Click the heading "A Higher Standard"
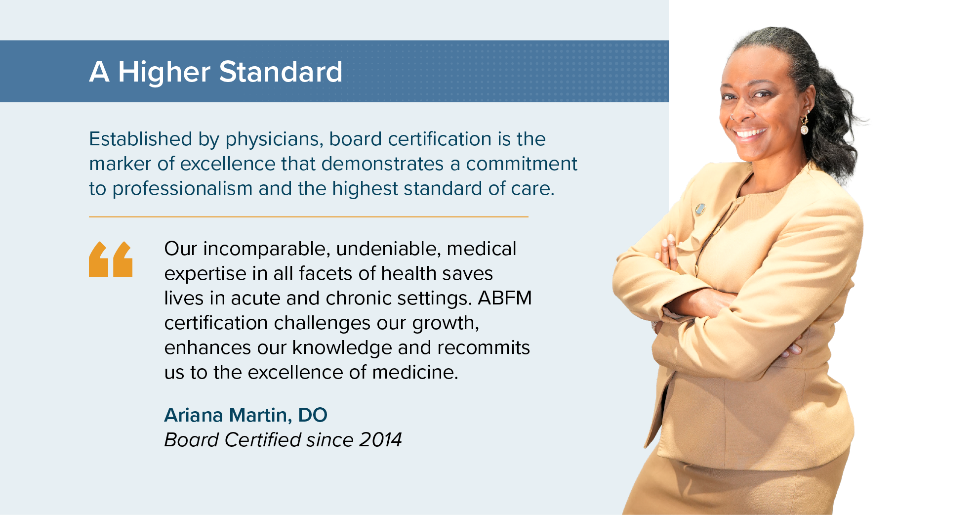[x=216, y=72]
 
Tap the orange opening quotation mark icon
[x=111, y=259]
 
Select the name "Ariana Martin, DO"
[x=245, y=416]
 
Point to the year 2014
[x=380, y=440]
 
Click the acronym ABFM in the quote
[x=505, y=298]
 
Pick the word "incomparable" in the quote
[x=266, y=249]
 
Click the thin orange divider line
[x=309, y=217]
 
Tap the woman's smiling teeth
[x=750, y=133]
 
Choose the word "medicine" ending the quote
[x=415, y=372]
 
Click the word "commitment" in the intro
[x=522, y=164]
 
